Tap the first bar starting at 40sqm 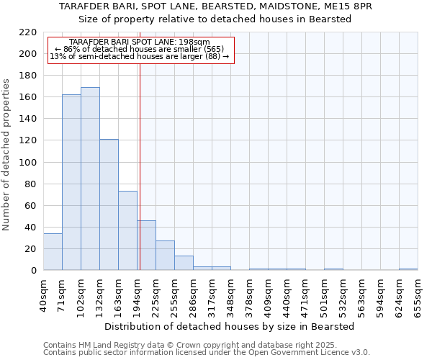pyautogui.click(x=53, y=252)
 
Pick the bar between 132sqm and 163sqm pyautogui.click(x=109, y=204)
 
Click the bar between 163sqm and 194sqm pyautogui.click(x=127, y=230)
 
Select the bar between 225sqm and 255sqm pyautogui.click(x=165, y=256)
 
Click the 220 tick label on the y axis pyautogui.click(x=28, y=32)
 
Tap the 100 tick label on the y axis pyautogui.click(x=28, y=163)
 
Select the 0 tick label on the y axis pyautogui.click(x=33, y=271)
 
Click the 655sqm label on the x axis pyautogui.click(x=418, y=297)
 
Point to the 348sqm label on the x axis pyautogui.click(x=230, y=297)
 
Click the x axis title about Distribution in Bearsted pyautogui.click(x=229, y=326)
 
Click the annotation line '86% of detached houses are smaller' pyautogui.click(x=140, y=49)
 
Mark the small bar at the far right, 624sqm pyautogui.click(x=408, y=269)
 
